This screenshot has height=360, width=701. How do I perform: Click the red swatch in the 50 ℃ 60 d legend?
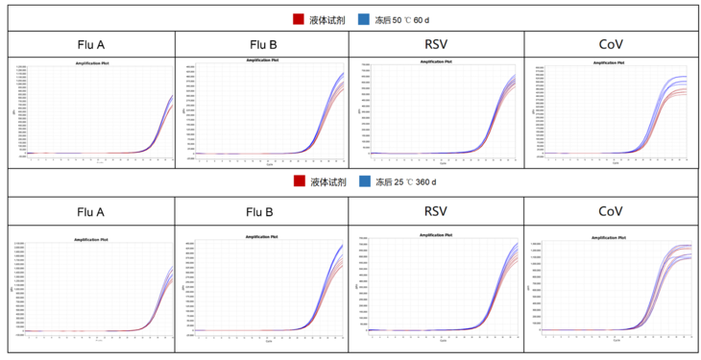point(299,19)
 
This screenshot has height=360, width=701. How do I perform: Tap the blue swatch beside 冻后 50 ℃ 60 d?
point(364,19)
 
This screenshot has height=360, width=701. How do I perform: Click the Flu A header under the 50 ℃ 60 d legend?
point(91,45)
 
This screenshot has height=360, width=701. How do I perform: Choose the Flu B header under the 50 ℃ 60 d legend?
point(261,45)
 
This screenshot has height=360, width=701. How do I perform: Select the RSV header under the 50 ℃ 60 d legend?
point(436,45)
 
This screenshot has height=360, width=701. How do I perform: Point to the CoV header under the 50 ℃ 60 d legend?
point(611,45)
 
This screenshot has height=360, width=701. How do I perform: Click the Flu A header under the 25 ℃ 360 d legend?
point(91,211)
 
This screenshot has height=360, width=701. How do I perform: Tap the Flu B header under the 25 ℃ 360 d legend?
point(261,211)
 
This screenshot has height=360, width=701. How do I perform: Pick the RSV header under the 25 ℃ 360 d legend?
point(436,210)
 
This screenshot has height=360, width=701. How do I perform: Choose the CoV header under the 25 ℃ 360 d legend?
point(611,210)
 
